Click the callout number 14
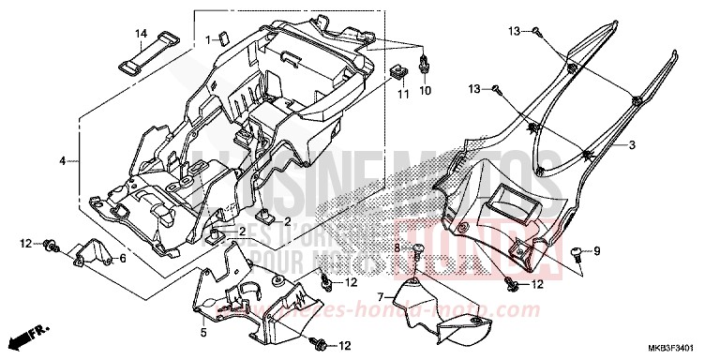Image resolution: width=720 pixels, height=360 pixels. [x=141, y=35]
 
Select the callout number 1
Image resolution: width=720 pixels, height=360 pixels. [x=209, y=40]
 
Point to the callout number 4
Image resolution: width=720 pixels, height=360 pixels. [x=63, y=161]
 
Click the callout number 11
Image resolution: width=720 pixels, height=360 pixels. [x=402, y=95]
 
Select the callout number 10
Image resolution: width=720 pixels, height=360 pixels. [x=424, y=91]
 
